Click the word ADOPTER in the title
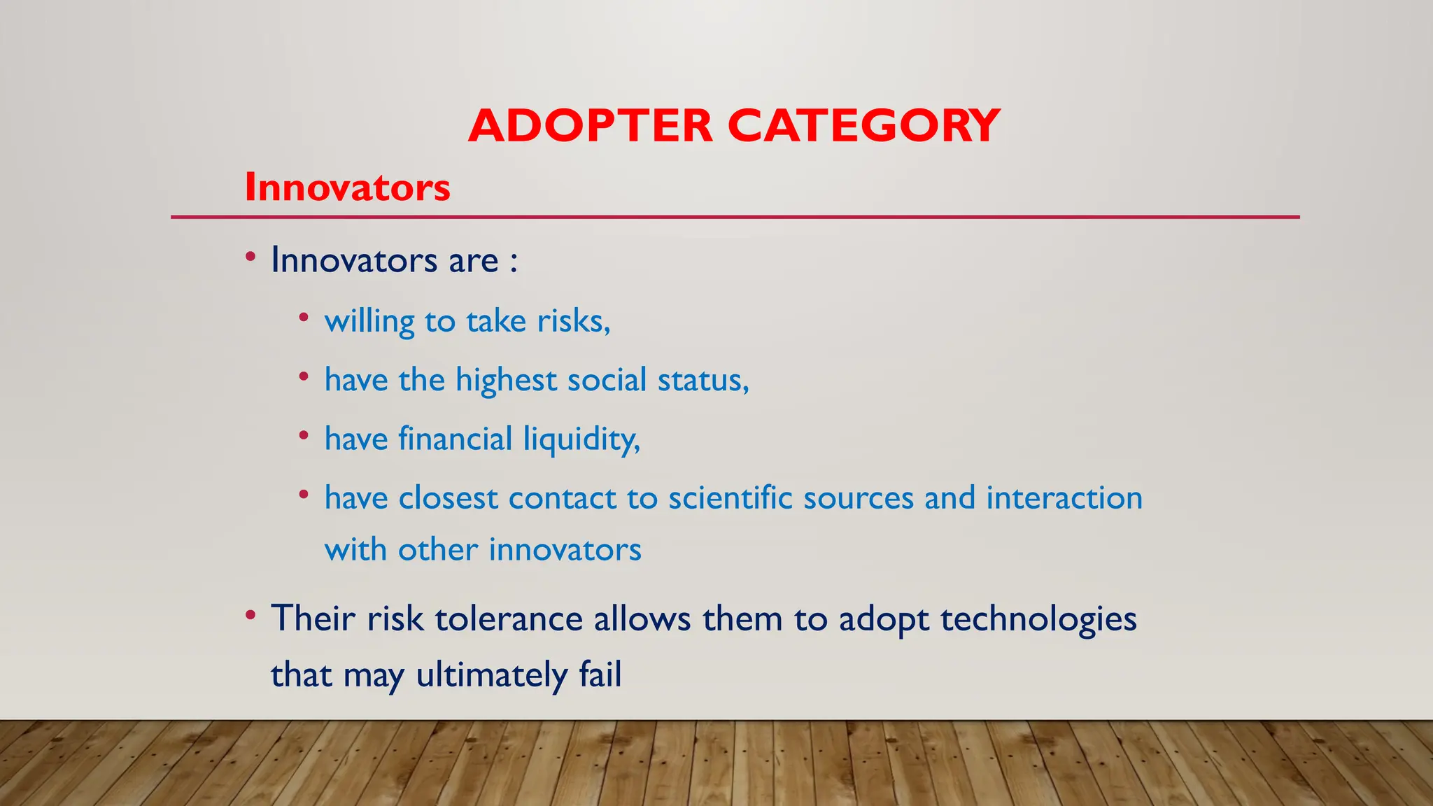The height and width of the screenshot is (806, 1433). tap(590, 127)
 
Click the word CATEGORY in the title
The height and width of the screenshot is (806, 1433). tap(863, 127)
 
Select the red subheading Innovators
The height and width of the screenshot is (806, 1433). tap(347, 188)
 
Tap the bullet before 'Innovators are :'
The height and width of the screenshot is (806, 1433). tap(250, 257)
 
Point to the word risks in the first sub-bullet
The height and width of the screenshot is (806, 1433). tap(573, 321)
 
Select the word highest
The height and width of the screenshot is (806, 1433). tap(506, 381)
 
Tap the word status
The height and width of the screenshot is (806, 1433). tap(703, 381)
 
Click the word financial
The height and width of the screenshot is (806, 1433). tap(456, 439)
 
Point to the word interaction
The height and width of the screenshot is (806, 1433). tap(1064, 498)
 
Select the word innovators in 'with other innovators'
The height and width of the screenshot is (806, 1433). tap(565, 549)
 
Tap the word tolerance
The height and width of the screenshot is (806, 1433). tap(509, 619)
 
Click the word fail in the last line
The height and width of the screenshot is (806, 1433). tap(600, 675)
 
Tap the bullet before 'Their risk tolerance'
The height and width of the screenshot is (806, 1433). tap(250, 616)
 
